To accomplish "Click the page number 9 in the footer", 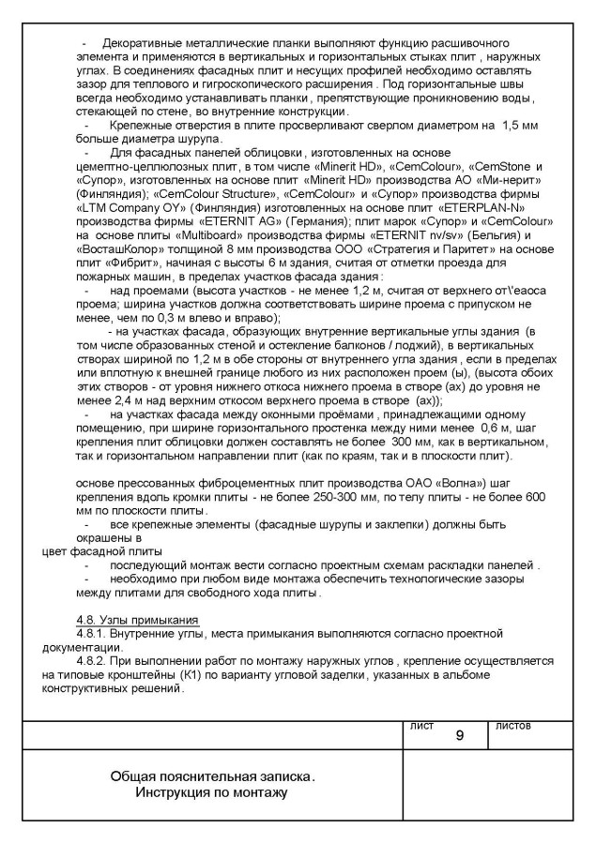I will (459, 735).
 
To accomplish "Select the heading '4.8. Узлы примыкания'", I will (138, 621).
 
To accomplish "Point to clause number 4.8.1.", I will (91, 634).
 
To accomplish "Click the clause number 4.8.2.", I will (91, 660).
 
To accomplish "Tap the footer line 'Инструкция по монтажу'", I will (212, 793).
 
